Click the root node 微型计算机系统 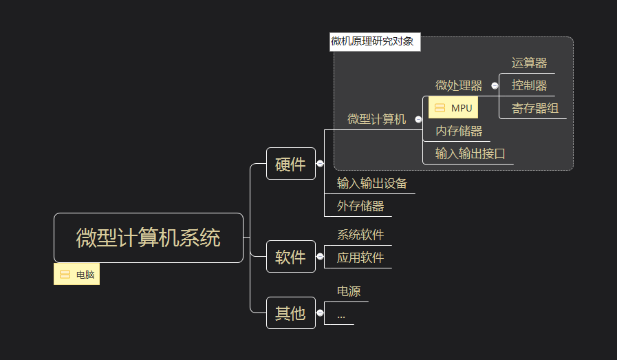click(149, 238)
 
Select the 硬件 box click(291, 163)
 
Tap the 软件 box click(291, 257)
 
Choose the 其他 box click(291, 313)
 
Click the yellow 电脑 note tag click(77, 274)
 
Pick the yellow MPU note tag click(453, 107)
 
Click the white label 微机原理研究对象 click(375, 42)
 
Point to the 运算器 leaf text click(529, 63)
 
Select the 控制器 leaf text click(529, 85)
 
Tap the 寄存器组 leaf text click(535, 108)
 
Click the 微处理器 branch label click(459, 85)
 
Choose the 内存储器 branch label click(459, 131)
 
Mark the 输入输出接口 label click(470, 153)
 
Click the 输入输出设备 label click(372, 183)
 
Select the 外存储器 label click(360, 206)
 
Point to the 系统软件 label click(360, 235)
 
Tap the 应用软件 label click(360, 257)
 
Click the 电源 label click(349, 291)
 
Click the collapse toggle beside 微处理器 click(495, 85)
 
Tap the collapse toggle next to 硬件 click(320, 163)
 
